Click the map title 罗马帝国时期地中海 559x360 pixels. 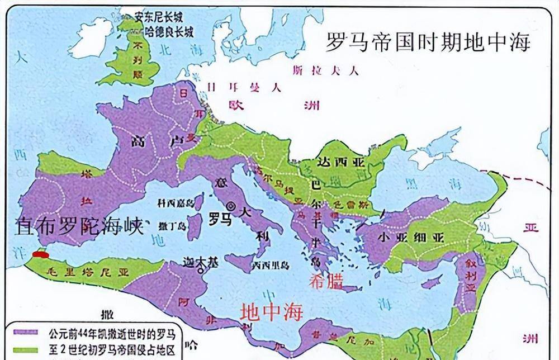(x=428, y=42)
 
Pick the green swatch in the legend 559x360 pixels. (x=22, y=349)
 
